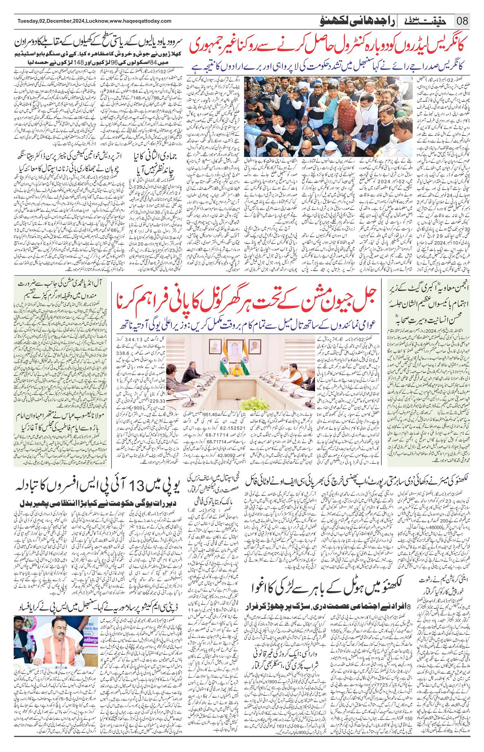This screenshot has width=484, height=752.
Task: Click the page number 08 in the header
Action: (x=462, y=21)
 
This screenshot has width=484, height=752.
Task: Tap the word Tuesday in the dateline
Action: (x=29, y=21)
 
